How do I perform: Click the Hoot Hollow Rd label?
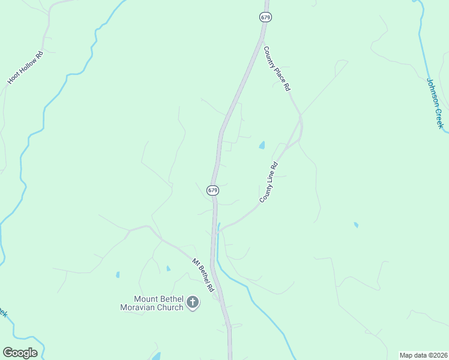coord(25,68)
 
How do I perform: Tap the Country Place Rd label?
coord(277,68)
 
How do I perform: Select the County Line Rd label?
coord(268,182)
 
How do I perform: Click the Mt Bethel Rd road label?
coord(203,275)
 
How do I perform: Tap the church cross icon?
coord(193,302)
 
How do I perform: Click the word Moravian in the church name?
coord(138,308)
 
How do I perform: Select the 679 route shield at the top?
coord(265,17)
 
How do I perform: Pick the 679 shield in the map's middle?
coord(212,190)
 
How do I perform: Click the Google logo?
coord(20,353)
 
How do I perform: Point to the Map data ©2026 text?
coord(423,355)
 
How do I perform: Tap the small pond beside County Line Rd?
coord(262,145)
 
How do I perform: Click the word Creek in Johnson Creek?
coord(439,116)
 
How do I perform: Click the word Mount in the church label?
coord(145,299)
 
